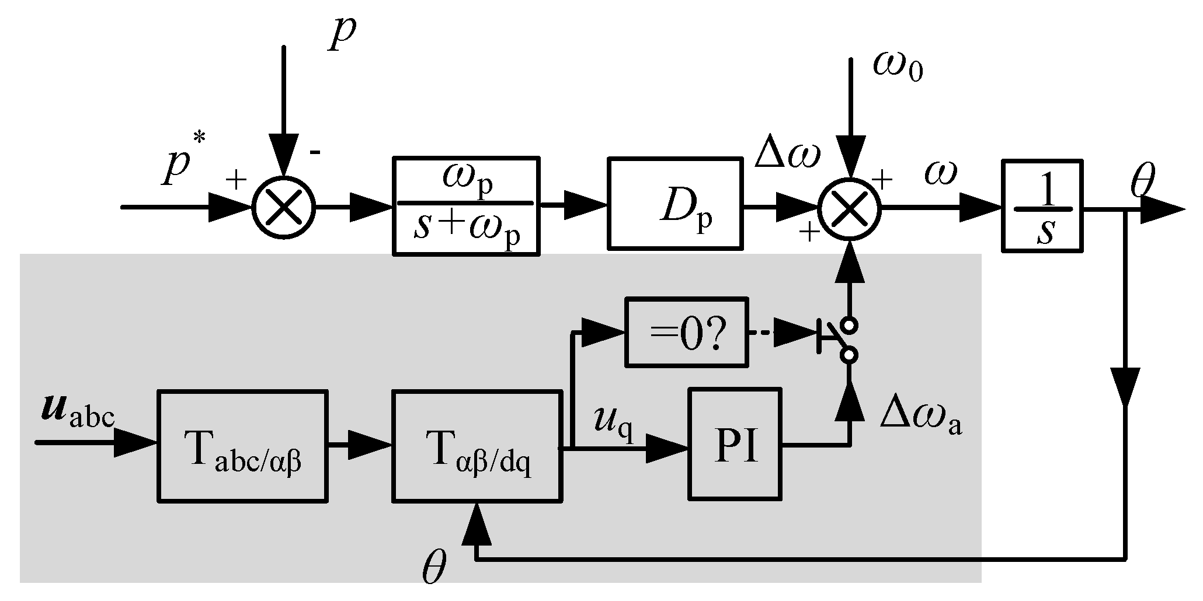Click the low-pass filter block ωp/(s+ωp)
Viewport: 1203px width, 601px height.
pos(465,205)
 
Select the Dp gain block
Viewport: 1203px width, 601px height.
pos(675,204)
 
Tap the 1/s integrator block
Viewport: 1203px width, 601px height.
pos(1042,205)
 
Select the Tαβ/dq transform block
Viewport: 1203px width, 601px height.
pos(477,446)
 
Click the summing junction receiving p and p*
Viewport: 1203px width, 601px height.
pos(283,207)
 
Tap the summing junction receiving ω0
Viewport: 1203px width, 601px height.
pos(849,207)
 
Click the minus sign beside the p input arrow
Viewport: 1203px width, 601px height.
pos(315,153)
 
